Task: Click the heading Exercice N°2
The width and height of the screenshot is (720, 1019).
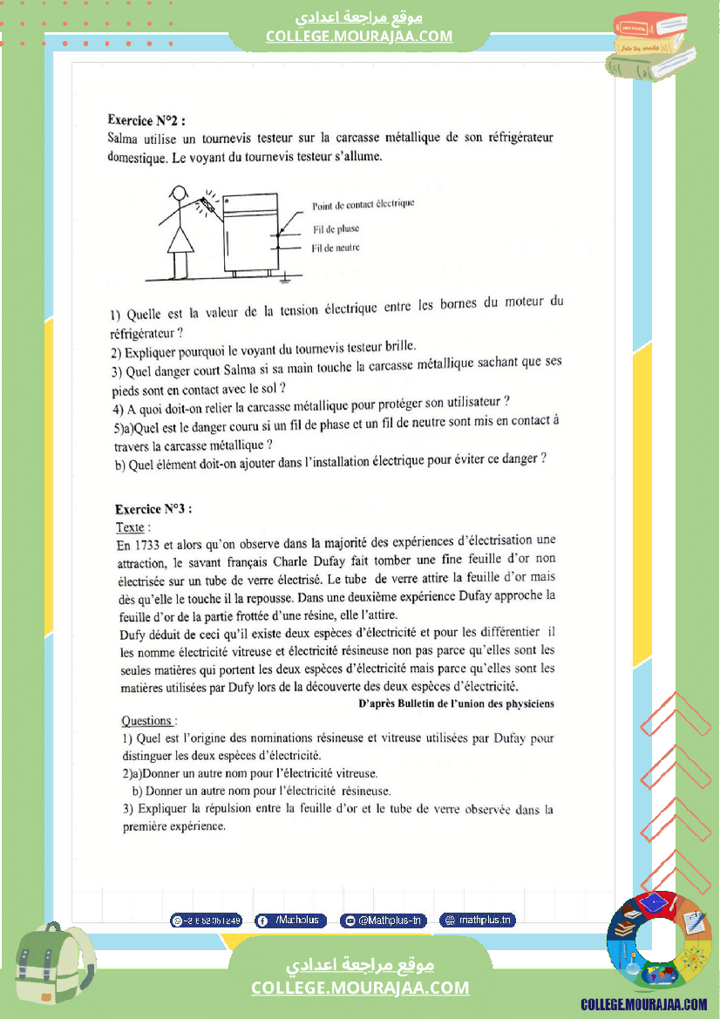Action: coord(146,119)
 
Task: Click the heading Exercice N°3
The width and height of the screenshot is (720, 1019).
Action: coord(153,509)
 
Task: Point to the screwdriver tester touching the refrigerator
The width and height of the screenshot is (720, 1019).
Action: coord(208,204)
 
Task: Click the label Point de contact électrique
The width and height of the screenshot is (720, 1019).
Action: coord(363,204)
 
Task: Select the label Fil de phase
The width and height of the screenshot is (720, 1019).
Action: coord(336,228)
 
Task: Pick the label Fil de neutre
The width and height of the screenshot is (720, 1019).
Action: coord(336,248)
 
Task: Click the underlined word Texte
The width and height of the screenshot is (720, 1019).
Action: coord(132,527)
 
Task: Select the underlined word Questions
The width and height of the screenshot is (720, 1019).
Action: coord(148,721)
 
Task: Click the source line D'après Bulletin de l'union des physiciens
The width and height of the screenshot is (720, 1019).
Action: coord(456,703)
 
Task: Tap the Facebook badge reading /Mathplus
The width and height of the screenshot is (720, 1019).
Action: coord(291,920)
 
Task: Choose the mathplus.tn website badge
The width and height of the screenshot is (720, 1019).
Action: coord(478,920)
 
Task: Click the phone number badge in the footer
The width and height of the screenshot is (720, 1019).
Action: coord(207,920)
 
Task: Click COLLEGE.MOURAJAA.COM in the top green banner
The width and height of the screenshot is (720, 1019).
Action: coord(359,36)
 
